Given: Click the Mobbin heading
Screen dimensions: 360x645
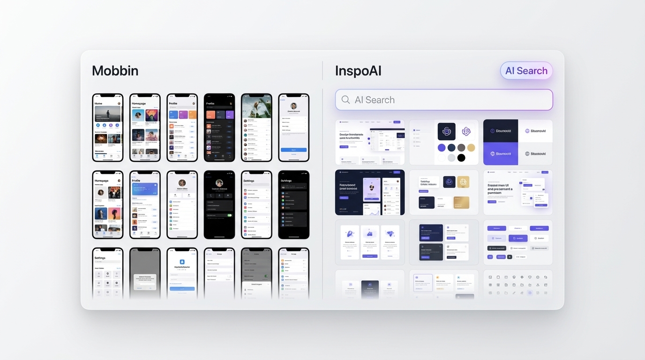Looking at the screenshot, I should (x=115, y=71).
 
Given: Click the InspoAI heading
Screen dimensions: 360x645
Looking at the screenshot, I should (x=358, y=71).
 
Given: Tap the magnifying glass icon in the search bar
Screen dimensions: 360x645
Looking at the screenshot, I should (x=346, y=100).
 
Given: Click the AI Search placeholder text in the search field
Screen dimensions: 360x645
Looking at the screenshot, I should (x=375, y=100).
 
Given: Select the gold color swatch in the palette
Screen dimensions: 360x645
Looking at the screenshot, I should (x=471, y=148).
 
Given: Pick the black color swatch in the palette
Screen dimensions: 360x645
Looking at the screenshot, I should (x=461, y=158).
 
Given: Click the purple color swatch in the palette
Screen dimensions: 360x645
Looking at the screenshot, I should (x=442, y=148).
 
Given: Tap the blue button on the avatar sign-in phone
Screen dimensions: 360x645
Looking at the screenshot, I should (x=293, y=150).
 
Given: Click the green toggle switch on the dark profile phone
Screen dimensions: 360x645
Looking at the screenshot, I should (x=229, y=215).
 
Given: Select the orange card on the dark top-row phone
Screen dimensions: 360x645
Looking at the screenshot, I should (x=210, y=115).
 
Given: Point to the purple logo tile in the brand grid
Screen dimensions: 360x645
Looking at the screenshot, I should (x=501, y=154).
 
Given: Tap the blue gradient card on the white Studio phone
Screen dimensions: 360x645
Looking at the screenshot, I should (x=144, y=189).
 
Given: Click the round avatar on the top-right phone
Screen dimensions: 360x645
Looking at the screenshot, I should (x=294, y=106).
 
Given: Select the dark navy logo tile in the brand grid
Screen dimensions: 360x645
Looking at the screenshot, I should (x=501, y=131).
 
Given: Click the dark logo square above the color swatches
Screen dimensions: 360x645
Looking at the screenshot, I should (x=446, y=131).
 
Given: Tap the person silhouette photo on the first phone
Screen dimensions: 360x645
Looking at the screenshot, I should (x=107, y=114).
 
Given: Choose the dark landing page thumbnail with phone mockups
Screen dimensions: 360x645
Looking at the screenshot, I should (x=369, y=192).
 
